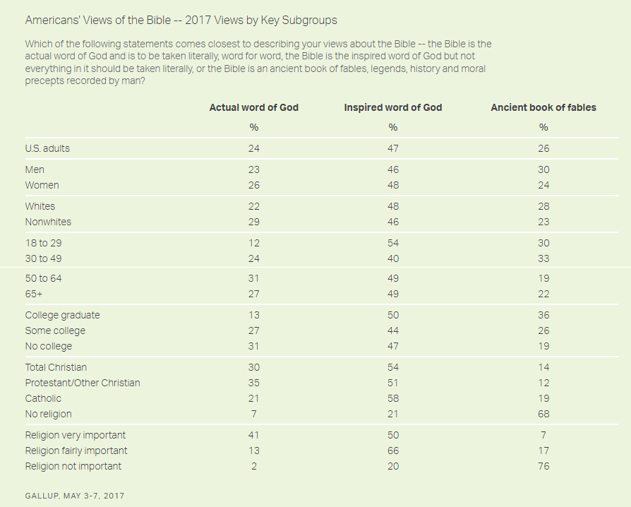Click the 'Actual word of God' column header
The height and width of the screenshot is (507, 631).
coord(253,107)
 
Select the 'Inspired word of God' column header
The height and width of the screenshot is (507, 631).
coord(392,107)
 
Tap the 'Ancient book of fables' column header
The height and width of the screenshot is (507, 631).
coord(543,107)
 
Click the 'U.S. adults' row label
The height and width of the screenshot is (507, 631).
coord(47,148)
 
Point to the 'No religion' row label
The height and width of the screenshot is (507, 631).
coord(48,414)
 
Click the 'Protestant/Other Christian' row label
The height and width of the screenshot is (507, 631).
coord(83,383)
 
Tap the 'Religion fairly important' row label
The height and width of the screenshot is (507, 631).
coord(76,451)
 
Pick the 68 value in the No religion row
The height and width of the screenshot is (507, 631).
coord(543,414)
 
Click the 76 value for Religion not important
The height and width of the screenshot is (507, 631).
coord(543,466)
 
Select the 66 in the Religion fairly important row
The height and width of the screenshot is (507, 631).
coord(392,451)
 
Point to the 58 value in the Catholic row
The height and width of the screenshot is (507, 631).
coord(392,398)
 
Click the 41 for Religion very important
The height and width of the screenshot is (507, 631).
coord(253,435)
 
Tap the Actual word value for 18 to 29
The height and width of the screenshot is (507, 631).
coord(253,243)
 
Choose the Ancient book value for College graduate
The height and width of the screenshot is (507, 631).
coord(543,315)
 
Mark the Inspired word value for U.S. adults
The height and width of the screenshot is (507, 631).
coord(392,148)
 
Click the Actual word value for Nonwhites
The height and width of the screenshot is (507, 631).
coord(253,222)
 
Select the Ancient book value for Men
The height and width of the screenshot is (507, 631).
coord(543,169)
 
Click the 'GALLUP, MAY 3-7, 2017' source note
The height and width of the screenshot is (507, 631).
coord(74,496)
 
